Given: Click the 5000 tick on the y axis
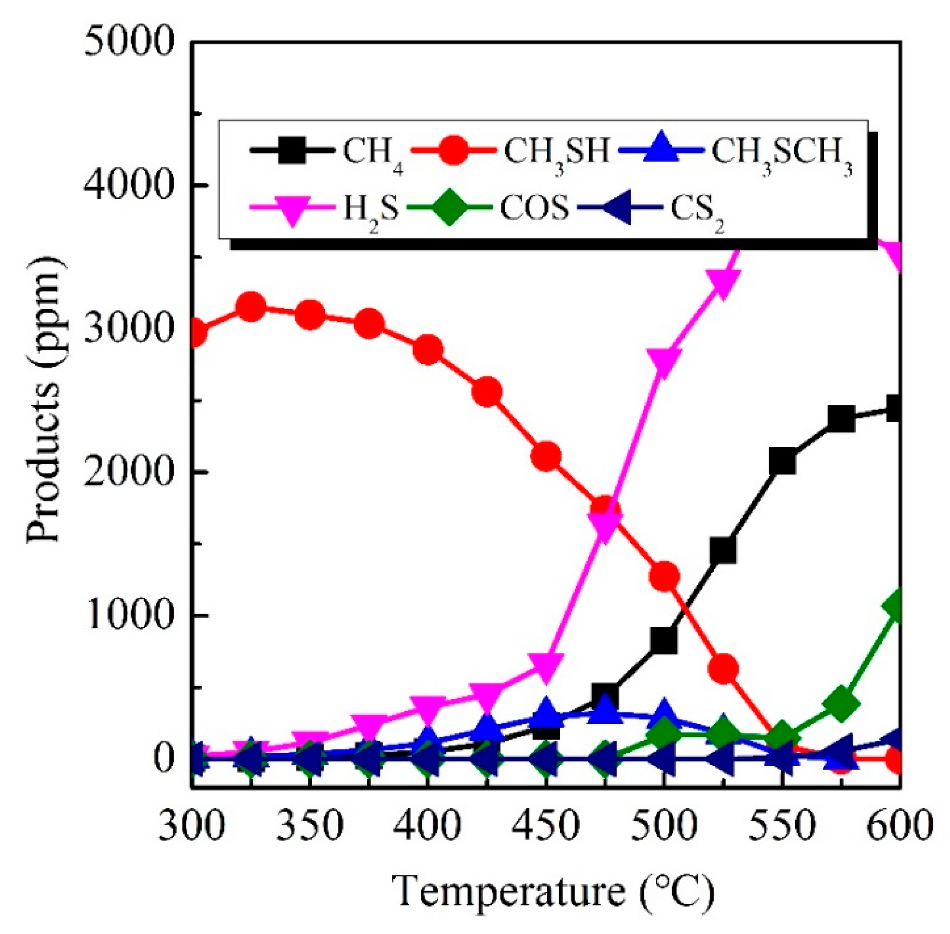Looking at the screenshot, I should coord(129,43).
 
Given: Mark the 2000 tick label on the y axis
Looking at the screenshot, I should coord(129,472).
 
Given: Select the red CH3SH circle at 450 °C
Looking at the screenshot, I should coord(546,456).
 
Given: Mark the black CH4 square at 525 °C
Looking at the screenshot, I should coord(723,550).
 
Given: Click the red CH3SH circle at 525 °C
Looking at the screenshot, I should coord(723,669).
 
